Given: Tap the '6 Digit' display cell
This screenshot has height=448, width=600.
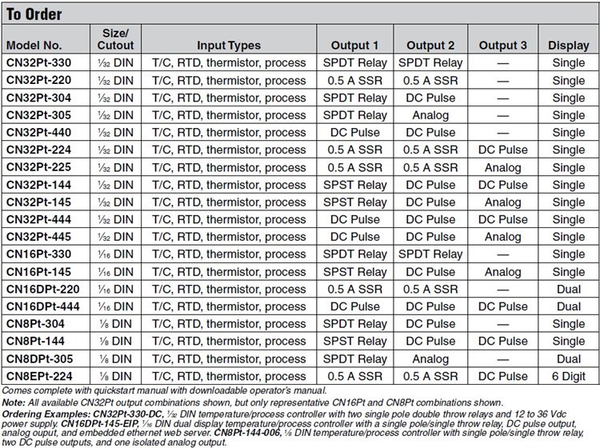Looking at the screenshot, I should [568, 375].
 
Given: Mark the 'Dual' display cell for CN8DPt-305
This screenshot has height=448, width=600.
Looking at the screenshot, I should [568, 358].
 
